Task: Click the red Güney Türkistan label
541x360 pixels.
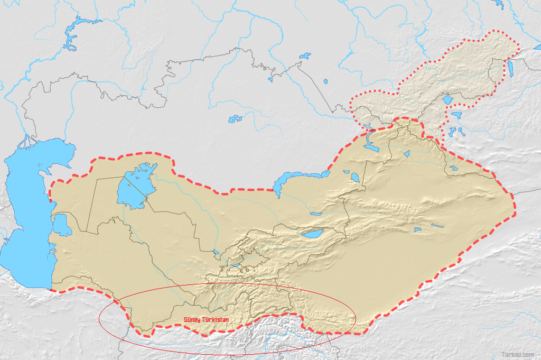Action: tap(207, 320)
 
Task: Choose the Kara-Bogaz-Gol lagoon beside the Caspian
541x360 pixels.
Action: tap(61, 225)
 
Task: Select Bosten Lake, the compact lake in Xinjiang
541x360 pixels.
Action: tap(417, 230)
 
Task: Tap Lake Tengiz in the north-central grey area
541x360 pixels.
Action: tap(235, 119)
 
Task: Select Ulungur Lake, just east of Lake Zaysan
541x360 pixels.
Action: tap(406, 154)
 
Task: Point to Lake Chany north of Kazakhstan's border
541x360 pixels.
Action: tap(305, 55)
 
